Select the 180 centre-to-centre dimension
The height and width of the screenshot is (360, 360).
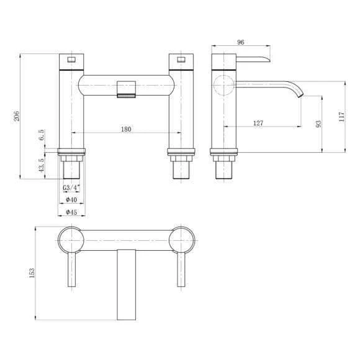pos(126,129)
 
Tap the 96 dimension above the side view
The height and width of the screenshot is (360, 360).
pos(240,42)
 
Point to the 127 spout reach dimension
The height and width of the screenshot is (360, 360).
pos(258,123)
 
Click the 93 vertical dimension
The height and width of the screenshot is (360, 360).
pos(318,124)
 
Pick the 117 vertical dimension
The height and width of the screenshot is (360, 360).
pos(341,117)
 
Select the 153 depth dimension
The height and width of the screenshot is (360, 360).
pos(32,273)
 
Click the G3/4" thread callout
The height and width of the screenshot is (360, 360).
pos(71,187)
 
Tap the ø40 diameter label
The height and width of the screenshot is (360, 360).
pos(71,199)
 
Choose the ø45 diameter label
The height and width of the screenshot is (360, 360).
pos(71,212)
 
